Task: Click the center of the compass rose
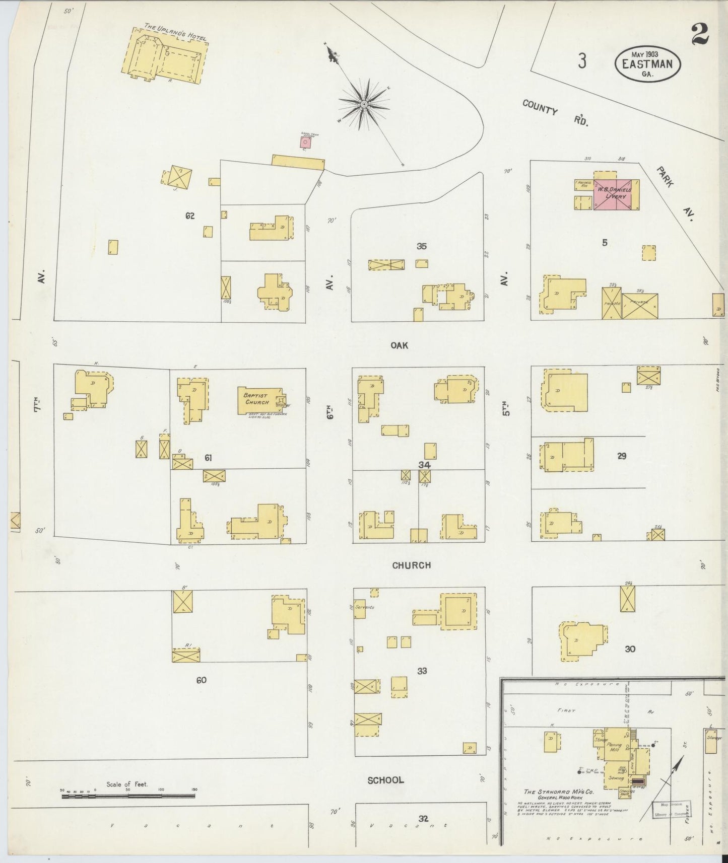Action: coord(364,104)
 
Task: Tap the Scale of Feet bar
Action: coord(128,796)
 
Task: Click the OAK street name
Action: coord(399,345)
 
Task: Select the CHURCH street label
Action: coord(411,565)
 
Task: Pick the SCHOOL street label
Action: coord(385,780)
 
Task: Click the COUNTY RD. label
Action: coord(555,113)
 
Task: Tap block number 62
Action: coord(189,216)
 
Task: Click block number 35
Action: coord(422,246)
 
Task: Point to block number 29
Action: coord(622,456)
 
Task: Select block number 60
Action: coord(201,680)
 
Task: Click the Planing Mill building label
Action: coord(614,747)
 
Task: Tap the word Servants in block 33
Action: coord(364,607)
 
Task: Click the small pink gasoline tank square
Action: coord(305,143)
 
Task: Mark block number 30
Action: coord(630,649)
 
